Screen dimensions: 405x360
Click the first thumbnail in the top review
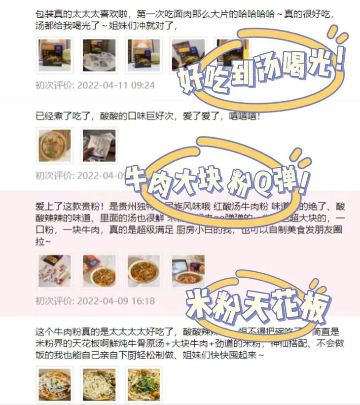click(54, 55)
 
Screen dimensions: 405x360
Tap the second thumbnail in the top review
click(99, 55)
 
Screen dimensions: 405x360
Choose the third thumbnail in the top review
click(144, 55)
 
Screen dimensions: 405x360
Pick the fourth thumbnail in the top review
click(188, 55)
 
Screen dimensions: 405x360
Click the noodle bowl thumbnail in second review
click(54, 146)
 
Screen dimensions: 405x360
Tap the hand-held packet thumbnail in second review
click(99, 146)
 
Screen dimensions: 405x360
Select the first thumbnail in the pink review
click(54, 271)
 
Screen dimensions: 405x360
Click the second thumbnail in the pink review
click(99, 271)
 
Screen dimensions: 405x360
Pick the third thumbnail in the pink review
click(144, 271)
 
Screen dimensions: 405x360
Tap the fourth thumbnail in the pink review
click(188, 271)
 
